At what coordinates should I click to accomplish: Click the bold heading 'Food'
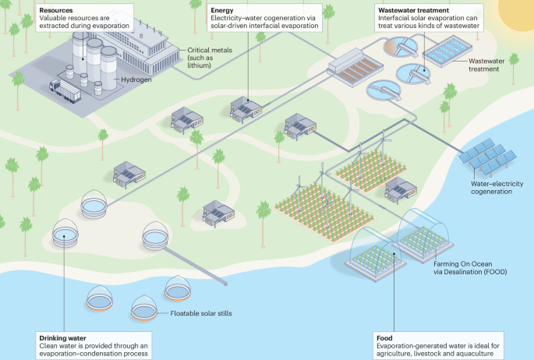point(384,337)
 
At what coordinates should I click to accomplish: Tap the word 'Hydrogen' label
point(136,79)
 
